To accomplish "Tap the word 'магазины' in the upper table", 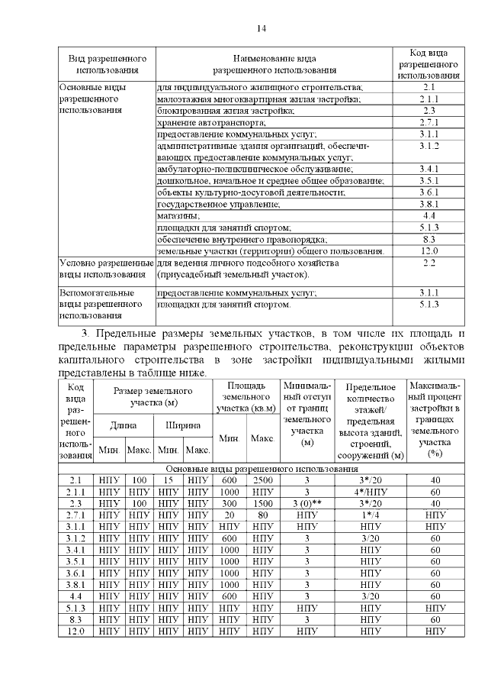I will pyautogui.click(x=177, y=216).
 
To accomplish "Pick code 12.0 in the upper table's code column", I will pyautogui.click(x=429, y=250).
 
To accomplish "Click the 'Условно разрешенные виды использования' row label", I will pyautogui.click(x=105, y=269).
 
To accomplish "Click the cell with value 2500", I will pyautogui.click(x=262, y=480).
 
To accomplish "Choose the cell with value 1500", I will pyautogui.click(x=262, y=503).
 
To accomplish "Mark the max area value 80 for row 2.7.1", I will pyautogui.click(x=262, y=515).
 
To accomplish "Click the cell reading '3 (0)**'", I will pyautogui.click(x=307, y=503).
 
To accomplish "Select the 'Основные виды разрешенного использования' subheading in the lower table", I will pyautogui.click(x=262, y=467).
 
